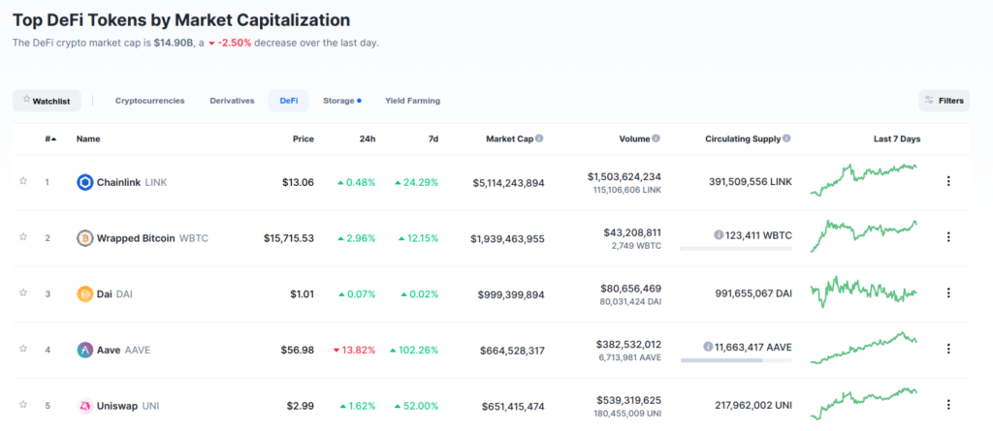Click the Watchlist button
47,101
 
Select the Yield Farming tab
412,101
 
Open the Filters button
944,101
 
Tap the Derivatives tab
232,101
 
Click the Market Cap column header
509,139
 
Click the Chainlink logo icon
84,182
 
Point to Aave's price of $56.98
295,350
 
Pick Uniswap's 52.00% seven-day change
416,406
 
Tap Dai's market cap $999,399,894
511,293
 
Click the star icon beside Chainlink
23,181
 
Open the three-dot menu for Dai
948,293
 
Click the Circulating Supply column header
743,139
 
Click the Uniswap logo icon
84,406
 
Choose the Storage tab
339,101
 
